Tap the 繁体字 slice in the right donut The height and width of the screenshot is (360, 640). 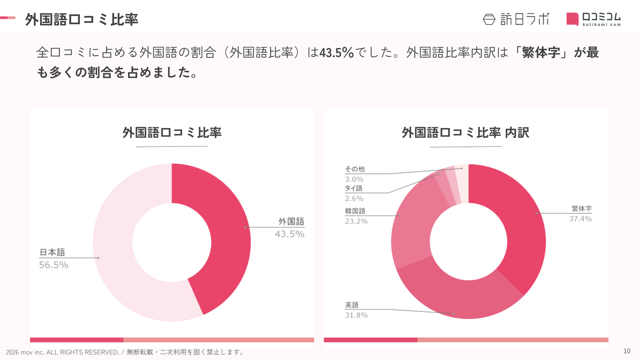(x=520, y=224)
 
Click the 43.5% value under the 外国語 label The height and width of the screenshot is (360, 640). (x=290, y=234)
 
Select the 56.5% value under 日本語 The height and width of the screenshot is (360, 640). (x=54, y=265)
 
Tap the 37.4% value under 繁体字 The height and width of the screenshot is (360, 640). (x=580, y=219)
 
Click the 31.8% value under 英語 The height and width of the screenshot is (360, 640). (x=356, y=315)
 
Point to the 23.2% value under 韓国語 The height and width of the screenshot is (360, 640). (x=356, y=221)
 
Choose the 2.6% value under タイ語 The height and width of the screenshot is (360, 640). (x=354, y=198)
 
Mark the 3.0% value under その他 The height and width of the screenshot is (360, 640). (x=354, y=179)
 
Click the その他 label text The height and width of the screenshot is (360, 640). (x=355, y=169)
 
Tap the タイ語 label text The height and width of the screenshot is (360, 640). (x=354, y=188)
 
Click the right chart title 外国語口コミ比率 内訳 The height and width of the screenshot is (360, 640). (x=466, y=133)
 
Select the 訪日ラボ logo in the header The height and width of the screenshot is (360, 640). (x=516, y=19)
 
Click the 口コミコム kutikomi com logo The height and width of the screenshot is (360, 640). (x=594, y=19)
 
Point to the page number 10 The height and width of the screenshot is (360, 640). (x=627, y=351)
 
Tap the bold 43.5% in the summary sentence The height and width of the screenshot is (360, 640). (x=336, y=52)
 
